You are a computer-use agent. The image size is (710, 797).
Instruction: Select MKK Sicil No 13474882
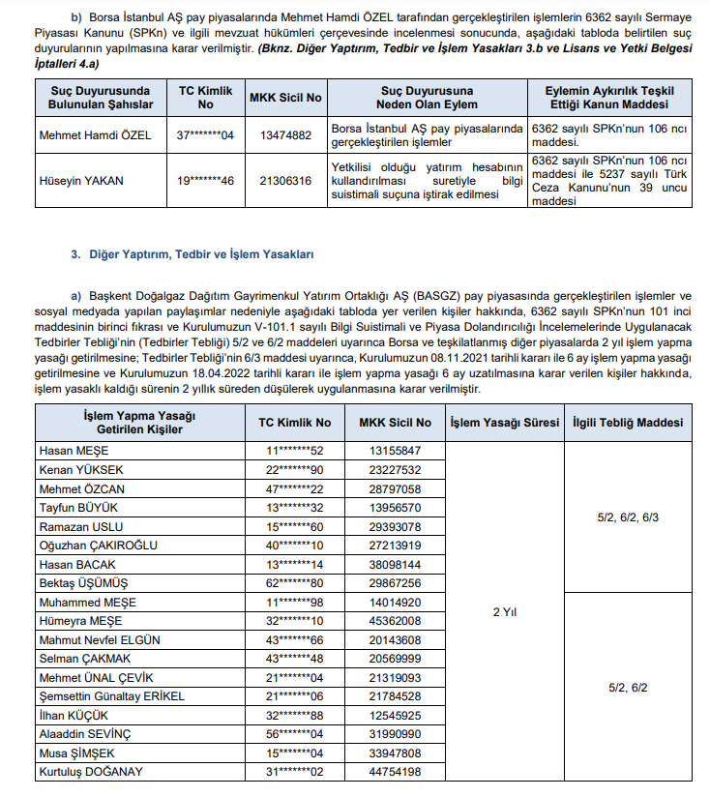[286, 134]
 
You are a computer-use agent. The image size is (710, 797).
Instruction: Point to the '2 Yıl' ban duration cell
[503, 612]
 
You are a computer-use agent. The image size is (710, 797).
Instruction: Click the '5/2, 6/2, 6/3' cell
[628, 517]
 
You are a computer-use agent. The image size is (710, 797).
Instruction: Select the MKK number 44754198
[396, 771]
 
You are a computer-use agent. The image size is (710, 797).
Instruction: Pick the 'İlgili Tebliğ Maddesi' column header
[628, 423]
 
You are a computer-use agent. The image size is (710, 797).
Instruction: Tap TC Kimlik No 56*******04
[295, 733]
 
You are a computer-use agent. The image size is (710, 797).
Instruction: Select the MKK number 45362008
[396, 620]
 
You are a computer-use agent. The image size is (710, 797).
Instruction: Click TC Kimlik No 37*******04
[206, 134]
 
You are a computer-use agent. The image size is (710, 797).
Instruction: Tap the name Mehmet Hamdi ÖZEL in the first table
[95, 134]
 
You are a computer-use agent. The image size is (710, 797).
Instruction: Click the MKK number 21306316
[286, 180]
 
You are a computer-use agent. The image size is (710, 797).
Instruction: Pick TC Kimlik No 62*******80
[295, 583]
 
